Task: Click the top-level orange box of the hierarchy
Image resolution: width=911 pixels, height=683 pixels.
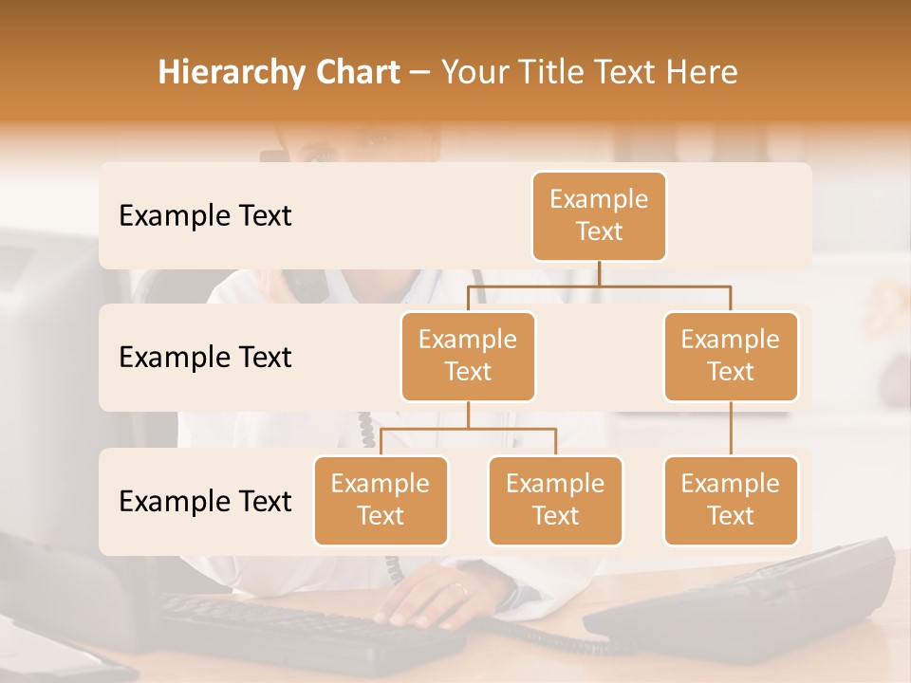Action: coord(599,216)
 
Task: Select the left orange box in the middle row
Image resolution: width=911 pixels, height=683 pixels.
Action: coord(468,356)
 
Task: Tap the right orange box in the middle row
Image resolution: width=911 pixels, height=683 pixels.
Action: coord(731,356)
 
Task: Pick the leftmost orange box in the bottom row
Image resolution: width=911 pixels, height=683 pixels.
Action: coord(381,500)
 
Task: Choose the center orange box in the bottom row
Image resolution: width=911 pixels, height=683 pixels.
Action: coord(555,500)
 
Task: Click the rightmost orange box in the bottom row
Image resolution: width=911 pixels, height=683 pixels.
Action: coord(731,500)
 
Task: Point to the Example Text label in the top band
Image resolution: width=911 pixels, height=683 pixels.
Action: coord(205,216)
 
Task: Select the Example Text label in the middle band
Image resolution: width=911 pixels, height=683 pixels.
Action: coord(205,358)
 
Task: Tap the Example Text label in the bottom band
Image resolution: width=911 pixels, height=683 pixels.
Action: coord(205,501)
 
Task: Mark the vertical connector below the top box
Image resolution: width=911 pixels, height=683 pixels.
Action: coord(599,273)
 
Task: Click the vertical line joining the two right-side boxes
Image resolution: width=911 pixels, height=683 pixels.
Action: coord(731,429)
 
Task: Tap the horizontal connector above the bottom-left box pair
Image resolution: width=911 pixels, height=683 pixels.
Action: coord(468,429)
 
